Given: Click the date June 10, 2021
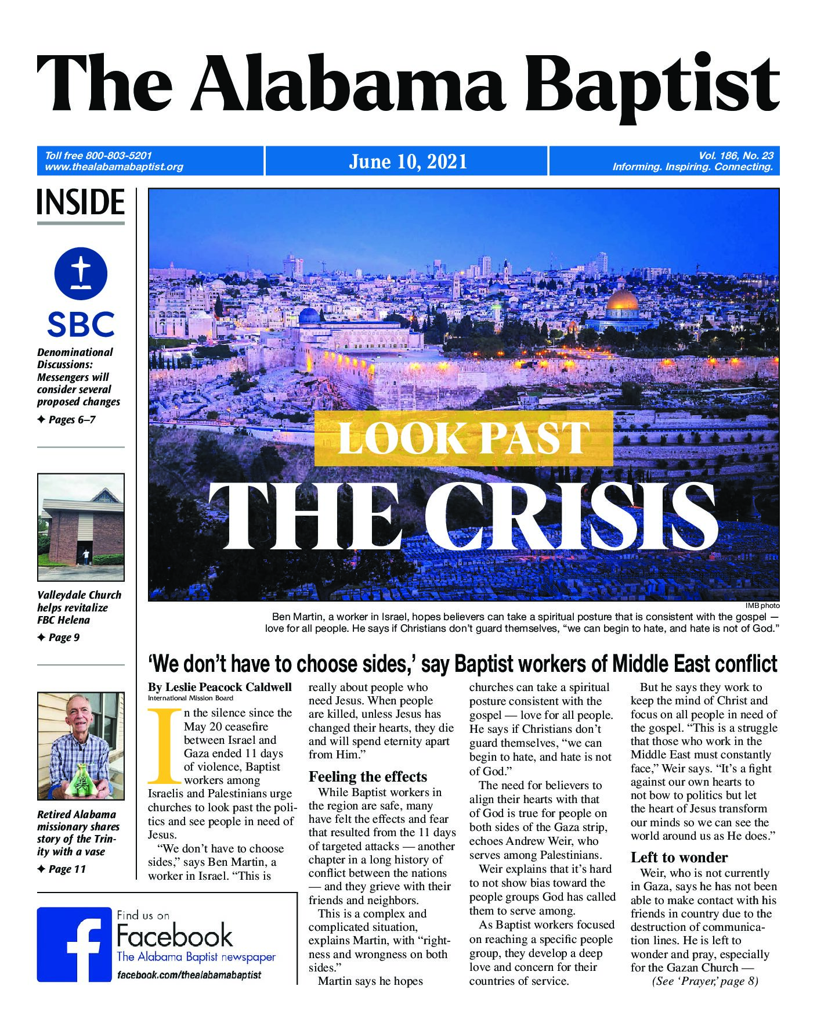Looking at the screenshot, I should pyautogui.click(x=408, y=161).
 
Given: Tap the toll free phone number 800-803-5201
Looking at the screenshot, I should pyautogui.click(x=118, y=155).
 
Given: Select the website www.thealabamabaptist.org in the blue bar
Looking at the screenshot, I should pyautogui.click(x=114, y=167).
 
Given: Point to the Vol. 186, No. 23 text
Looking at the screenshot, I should pyautogui.click(x=736, y=155).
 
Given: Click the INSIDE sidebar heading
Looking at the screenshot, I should pyautogui.click(x=81, y=202).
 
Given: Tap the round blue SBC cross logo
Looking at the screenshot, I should pyautogui.click(x=81, y=274).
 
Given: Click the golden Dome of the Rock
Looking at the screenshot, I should pyautogui.click(x=621, y=300).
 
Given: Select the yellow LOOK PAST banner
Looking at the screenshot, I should pyautogui.click(x=464, y=438).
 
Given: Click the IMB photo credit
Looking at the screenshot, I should pyautogui.click(x=762, y=606).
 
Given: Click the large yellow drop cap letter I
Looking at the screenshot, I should pyautogui.click(x=165, y=746).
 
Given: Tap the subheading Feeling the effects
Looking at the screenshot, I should pyautogui.click(x=367, y=777).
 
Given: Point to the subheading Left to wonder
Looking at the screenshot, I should pyautogui.click(x=679, y=858).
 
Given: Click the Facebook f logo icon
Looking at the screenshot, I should pyautogui.click(x=74, y=944).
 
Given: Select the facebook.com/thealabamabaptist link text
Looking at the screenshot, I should pyautogui.click(x=189, y=975).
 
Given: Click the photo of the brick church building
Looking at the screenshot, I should pyautogui.click(x=81, y=527).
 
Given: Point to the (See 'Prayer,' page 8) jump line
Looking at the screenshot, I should pyautogui.click(x=704, y=981).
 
